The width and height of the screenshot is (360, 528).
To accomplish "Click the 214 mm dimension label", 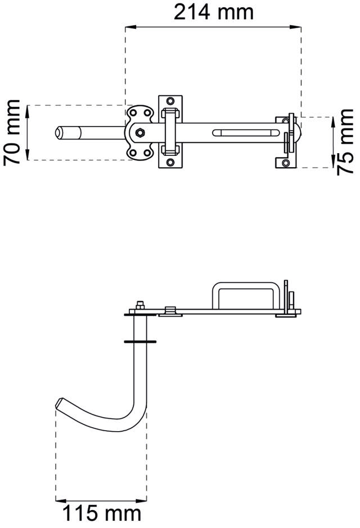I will click(x=213, y=11).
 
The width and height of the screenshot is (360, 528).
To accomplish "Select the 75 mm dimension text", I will click(x=345, y=142).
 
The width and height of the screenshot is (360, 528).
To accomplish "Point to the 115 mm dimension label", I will click(x=101, y=513).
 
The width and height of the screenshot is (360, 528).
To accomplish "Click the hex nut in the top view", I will click(x=138, y=133).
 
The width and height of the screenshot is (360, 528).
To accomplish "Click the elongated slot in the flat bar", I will click(x=245, y=133).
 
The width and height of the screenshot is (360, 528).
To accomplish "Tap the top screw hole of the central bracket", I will click(x=171, y=102).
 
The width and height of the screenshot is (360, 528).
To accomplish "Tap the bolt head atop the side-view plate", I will click(x=139, y=306).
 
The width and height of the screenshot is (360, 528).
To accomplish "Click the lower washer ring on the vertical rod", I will click(x=138, y=341).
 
